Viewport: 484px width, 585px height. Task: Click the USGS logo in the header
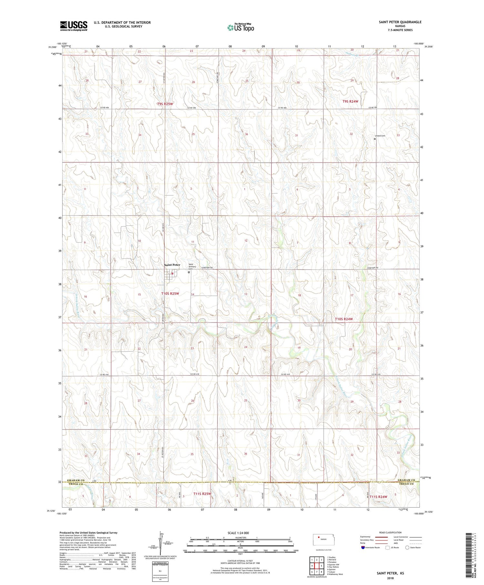tap(74, 26)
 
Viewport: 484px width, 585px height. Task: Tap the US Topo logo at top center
tap(241, 28)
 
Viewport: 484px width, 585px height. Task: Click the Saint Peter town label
tap(172, 265)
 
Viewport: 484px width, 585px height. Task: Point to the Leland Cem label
tap(380, 136)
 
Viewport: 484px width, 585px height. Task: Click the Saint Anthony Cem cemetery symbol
tap(189, 272)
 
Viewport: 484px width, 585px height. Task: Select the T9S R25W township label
tap(165, 104)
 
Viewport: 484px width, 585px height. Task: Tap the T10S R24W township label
tap(344, 319)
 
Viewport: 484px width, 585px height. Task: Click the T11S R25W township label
tap(202, 494)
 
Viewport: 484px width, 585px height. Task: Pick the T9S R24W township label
tap(350, 101)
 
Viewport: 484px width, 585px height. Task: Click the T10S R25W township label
tap(170, 294)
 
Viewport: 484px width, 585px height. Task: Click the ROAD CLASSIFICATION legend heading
tap(390, 532)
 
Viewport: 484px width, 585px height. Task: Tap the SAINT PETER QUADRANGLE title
tap(400, 22)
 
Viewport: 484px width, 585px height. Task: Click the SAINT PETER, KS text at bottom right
tap(390, 573)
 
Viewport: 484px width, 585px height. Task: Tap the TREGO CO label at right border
tap(406, 484)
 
